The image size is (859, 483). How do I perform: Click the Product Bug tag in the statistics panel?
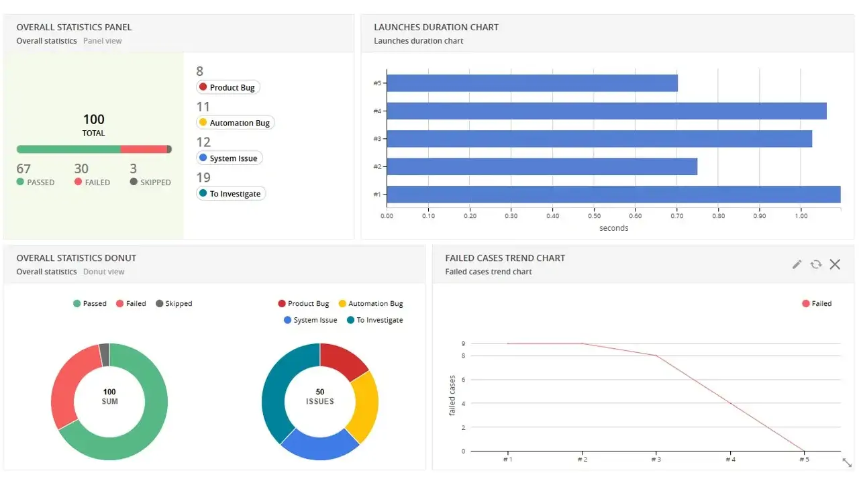[228, 87]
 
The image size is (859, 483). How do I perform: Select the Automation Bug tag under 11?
[235, 123]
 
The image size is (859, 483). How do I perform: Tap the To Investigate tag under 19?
[231, 194]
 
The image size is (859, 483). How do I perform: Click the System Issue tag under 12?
[229, 158]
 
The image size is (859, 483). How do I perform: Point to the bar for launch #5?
[532, 83]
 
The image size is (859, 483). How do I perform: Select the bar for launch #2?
[542, 166]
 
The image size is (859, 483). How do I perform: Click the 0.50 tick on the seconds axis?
[594, 216]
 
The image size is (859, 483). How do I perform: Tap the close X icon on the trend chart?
[835, 264]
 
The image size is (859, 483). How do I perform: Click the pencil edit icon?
[797, 264]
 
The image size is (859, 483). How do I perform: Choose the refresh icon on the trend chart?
[816, 264]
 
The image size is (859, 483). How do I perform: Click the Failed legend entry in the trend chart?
[817, 304]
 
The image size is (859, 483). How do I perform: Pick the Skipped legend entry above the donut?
[174, 304]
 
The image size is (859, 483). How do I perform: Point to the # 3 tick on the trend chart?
[656, 460]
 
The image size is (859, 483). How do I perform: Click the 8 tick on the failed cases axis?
[462, 356]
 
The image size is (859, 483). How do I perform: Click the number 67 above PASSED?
[23, 169]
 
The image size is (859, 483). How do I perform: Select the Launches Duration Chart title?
[436, 28]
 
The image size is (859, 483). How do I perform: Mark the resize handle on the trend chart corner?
[846, 462]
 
